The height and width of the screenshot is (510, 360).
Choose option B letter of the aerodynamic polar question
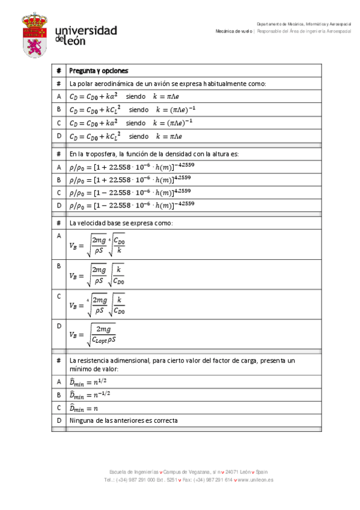59,109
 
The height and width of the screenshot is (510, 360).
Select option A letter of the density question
59,167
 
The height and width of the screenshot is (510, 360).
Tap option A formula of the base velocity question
97,245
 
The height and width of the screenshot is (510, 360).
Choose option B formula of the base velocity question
97,276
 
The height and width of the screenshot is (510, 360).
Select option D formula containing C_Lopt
93,334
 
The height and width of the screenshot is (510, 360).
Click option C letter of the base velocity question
59,296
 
